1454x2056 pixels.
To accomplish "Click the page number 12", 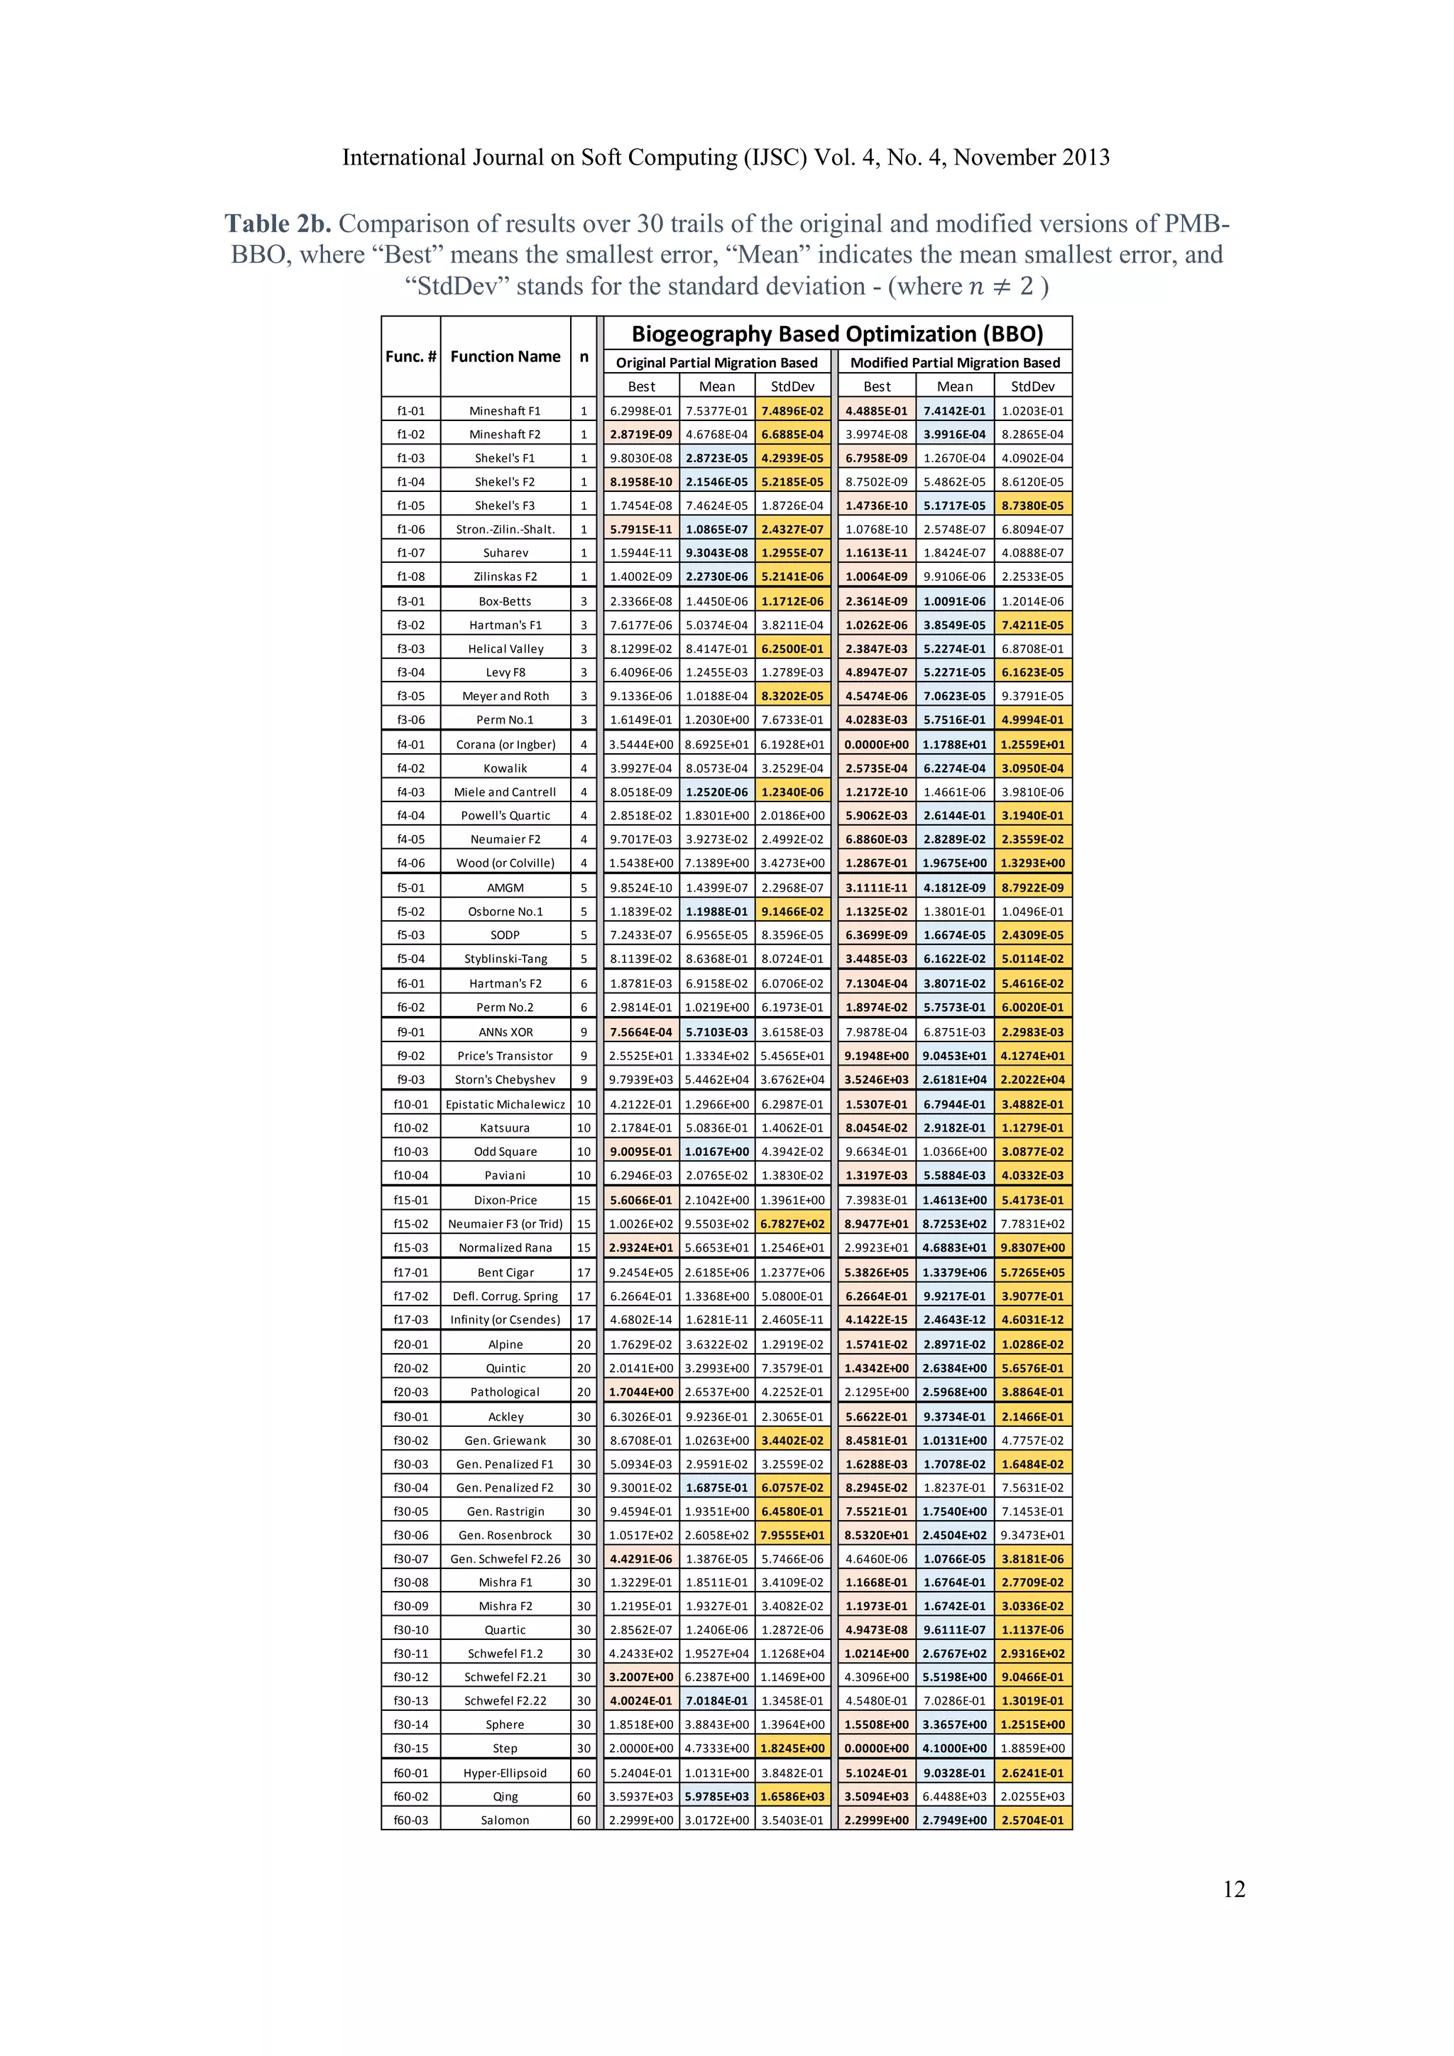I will click(1234, 1889).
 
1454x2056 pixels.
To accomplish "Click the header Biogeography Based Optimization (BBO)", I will click(837, 334).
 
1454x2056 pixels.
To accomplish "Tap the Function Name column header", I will click(505, 356).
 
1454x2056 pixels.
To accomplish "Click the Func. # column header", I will click(411, 356).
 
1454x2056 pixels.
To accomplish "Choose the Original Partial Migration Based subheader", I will click(716, 363).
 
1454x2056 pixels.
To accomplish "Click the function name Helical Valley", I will click(505, 648).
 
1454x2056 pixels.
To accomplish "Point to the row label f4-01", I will click(411, 744).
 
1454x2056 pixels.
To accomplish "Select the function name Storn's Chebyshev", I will click(505, 1079).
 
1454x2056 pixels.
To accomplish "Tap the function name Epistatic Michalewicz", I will click(505, 1104).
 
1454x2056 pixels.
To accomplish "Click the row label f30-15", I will click(411, 1748).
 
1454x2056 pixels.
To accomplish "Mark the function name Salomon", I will click(505, 1820).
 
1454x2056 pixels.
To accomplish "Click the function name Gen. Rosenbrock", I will click(505, 1535).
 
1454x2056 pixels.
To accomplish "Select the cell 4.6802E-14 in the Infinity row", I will click(641, 1319).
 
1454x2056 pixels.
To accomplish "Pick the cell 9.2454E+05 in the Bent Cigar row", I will click(641, 1272).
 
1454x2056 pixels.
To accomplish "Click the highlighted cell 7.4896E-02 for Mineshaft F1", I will click(792, 411).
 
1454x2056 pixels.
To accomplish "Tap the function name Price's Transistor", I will click(505, 1056).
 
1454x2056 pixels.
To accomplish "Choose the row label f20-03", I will click(411, 1391).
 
